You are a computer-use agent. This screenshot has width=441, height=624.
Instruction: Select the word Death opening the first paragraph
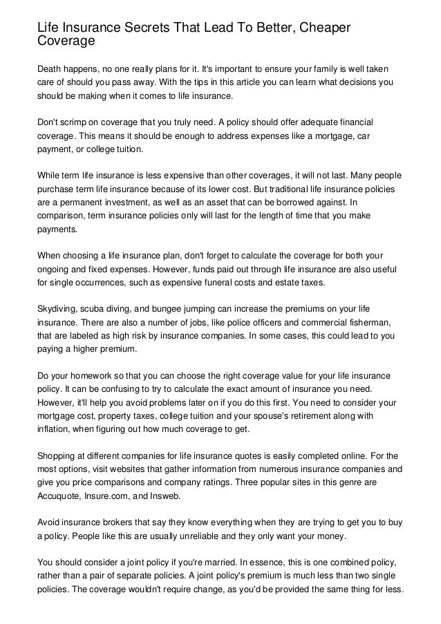50,69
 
